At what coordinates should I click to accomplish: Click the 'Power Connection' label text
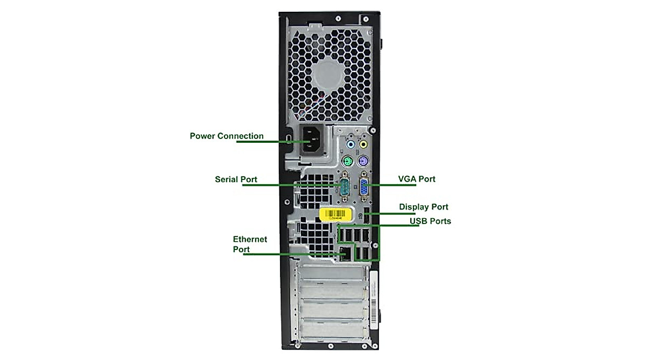pyautogui.click(x=227, y=136)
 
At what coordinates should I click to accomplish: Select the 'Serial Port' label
pyautogui.click(x=236, y=179)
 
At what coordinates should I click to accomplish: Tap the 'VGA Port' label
pyautogui.click(x=417, y=179)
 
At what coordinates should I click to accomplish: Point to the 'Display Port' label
pyautogui.click(x=423, y=207)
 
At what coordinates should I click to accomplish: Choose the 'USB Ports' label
pyautogui.click(x=430, y=221)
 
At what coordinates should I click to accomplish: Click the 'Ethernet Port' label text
pyautogui.click(x=250, y=244)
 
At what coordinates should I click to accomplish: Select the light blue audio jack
pyautogui.click(x=350, y=144)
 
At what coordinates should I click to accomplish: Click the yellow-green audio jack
pyautogui.click(x=364, y=144)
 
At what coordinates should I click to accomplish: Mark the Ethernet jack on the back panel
pyautogui.click(x=344, y=253)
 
